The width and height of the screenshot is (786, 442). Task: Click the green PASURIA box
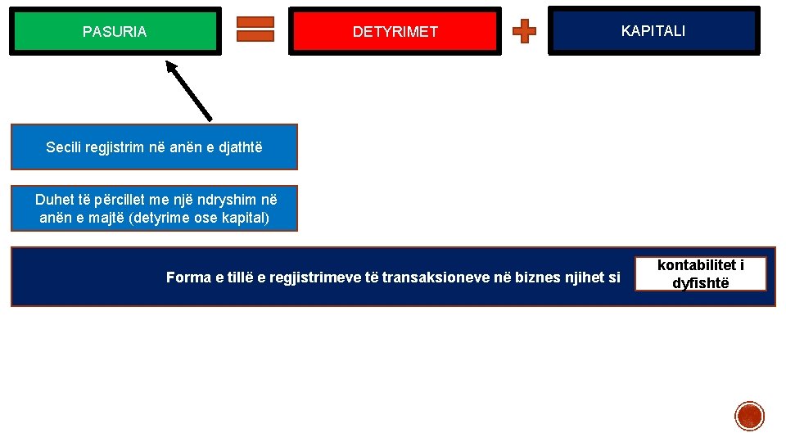[x=115, y=31]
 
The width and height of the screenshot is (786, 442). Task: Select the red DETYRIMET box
[x=395, y=32]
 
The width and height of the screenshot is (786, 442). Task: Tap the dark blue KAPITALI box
[x=653, y=31]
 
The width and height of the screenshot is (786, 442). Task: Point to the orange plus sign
[x=524, y=32]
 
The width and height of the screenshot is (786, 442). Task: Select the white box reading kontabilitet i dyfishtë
[x=701, y=274]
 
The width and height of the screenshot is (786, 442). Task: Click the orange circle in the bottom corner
[x=749, y=416]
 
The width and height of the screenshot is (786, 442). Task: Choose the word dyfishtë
[x=701, y=283]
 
